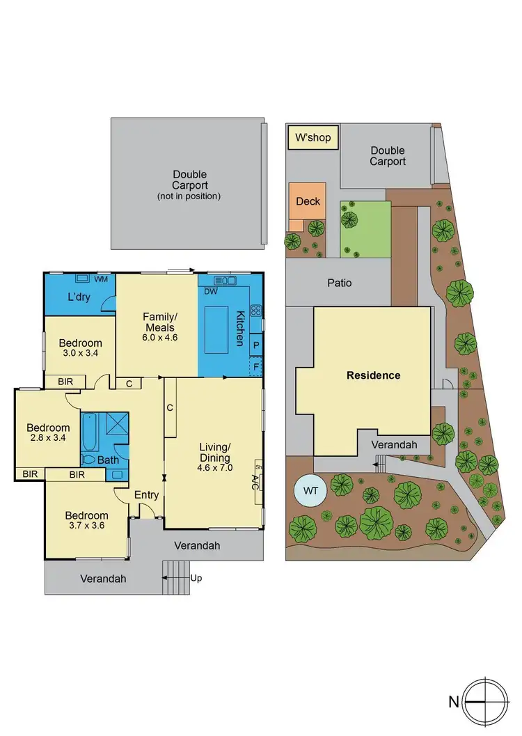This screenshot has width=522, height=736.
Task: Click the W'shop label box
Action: [313, 138]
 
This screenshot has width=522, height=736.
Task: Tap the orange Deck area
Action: [308, 201]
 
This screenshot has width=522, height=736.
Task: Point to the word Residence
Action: [374, 375]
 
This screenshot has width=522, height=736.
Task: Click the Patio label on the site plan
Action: [340, 283]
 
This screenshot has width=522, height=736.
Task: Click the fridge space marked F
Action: [256, 366]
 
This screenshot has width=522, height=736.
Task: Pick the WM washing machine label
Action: [101, 279]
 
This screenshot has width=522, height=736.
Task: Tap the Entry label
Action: [147, 495]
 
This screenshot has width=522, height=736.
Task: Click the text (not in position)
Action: [190, 196]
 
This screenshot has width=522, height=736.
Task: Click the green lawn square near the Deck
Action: [365, 229]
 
